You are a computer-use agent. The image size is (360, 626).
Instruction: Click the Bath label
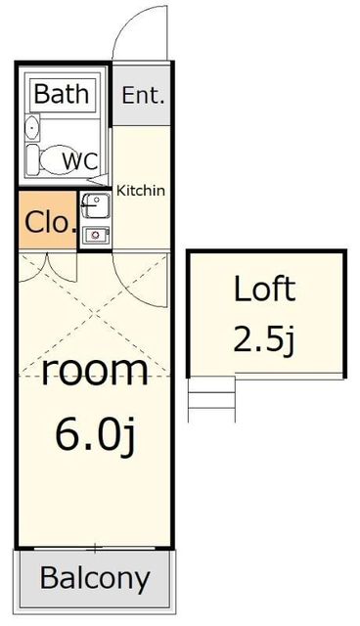pyautogui.click(x=61, y=94)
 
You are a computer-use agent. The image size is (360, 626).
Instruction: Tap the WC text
pyautogui.click(x=80, y=161)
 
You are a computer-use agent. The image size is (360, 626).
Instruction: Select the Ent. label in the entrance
pyautogui.click(x=143, y=95)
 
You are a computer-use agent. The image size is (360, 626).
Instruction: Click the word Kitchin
pyautogui.click(x=141, y=191)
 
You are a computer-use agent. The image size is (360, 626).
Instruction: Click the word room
pyautogui.click(x=95, y=372)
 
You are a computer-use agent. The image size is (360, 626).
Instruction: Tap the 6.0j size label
pyautogui.click(x=95, y=435)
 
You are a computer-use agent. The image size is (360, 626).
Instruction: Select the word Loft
pyautogui.click(x=264, y=289)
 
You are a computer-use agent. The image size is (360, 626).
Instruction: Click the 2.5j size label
pyautogui.click(x=264, y=339)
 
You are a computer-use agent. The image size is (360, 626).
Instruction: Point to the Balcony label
pyautogui.click(x=95, y=578)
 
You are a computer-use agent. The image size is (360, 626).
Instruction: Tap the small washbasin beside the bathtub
pyautogui.click(x=32, y=127)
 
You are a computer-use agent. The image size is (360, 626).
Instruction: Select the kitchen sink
pyautogui.click(x=96, y=205)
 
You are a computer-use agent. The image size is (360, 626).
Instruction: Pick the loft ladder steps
pyautogui.click(x=211, y=399)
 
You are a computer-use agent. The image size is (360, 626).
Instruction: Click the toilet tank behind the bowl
pyautogui.click(x=32, y=159)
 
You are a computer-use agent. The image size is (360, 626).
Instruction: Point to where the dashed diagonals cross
pyautogui.click(x=94, y=314)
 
